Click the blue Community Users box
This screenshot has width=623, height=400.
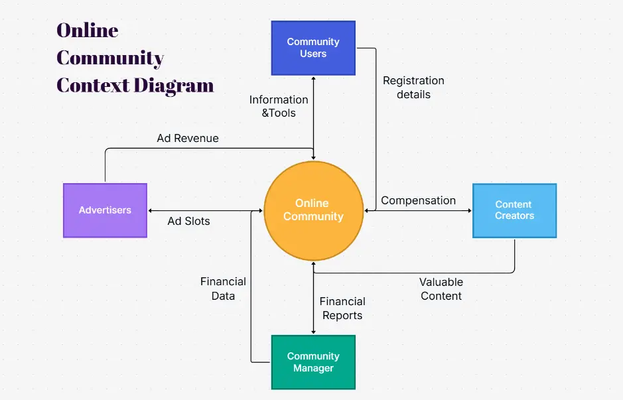tap(313, 48)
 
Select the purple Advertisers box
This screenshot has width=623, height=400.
tap(105, 210)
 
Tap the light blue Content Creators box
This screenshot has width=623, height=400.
tap(514, 210)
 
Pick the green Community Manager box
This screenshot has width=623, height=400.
tap(313, 362)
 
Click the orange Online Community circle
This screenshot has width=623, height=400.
tap(313, 210)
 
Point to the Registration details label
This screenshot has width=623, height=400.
tap(413, 88)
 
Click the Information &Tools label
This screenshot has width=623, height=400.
tap(279, 106)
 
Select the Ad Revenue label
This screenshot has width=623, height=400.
tap(188, 139)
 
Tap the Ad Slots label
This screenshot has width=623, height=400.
tap(188, 221)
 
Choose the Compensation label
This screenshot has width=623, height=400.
tap(418, 200)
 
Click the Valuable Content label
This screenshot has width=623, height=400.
tap(441, 289)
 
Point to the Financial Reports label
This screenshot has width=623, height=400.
tap(342, 308)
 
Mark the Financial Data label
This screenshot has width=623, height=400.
tap(223, 289)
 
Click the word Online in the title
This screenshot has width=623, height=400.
tap(87, 31)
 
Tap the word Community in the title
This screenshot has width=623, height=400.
tap(110, 58)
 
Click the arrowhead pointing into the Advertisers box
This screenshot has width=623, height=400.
tap(151, 211)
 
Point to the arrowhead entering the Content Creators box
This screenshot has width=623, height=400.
tap(468, 211)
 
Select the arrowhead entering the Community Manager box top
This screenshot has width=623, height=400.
tap(313, 331)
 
